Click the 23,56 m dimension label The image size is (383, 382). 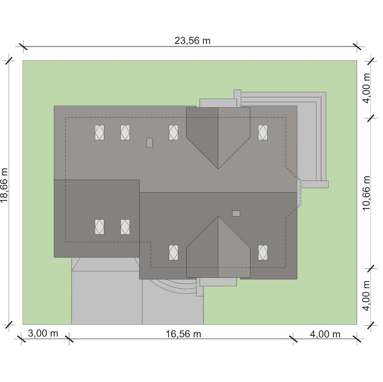[x=192, y=41]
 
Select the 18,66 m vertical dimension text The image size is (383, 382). [x=4, y=185]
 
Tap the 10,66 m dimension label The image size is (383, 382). [x=366, y=193]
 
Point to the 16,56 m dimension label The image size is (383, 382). [x=183, y=334]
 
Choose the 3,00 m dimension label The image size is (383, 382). [x=43, y=333]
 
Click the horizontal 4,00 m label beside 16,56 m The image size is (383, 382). [x=325, y=334]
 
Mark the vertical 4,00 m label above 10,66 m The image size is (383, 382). [x=366, y=88]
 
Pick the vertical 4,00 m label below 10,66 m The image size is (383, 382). [x=366, y=295]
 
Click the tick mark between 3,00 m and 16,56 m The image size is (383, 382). [x=69, y=339]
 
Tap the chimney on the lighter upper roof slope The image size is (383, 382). [x=149, y=143]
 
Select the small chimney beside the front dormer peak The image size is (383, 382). [x=236, y=214]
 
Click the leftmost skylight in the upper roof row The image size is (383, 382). [x=99, y=133]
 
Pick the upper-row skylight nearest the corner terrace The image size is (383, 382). [x=263, y=133]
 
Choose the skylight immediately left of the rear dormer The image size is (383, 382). [x=173, y=133]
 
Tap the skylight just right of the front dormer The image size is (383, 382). [x=263, y=253]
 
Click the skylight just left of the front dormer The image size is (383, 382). [x=173, y=253]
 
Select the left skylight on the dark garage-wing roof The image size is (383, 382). [x=99, y=227]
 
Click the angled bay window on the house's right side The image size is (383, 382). [x=299, y=192]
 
